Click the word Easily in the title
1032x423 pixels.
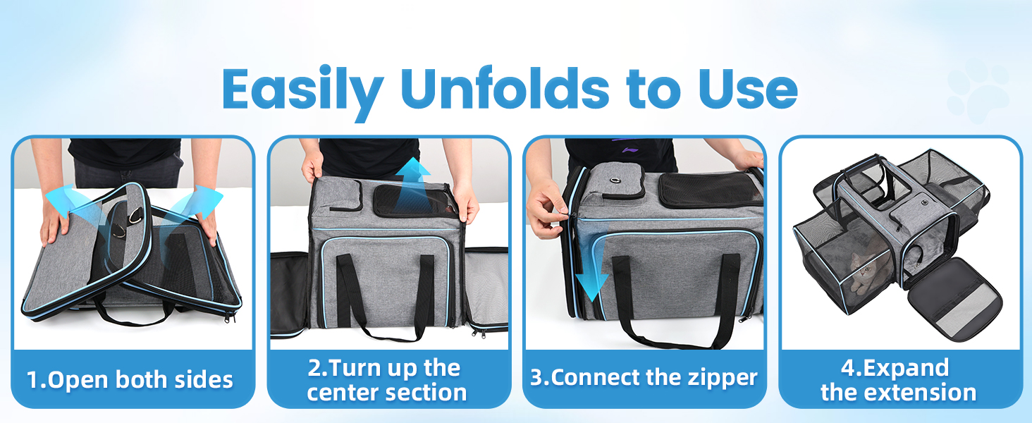tap(302, 90)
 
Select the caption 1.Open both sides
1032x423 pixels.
tap(130, 379)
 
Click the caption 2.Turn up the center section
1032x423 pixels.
tap(387, 380)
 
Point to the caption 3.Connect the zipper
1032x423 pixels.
tap(644, 377)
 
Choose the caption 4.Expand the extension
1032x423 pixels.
tap(899, 380)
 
